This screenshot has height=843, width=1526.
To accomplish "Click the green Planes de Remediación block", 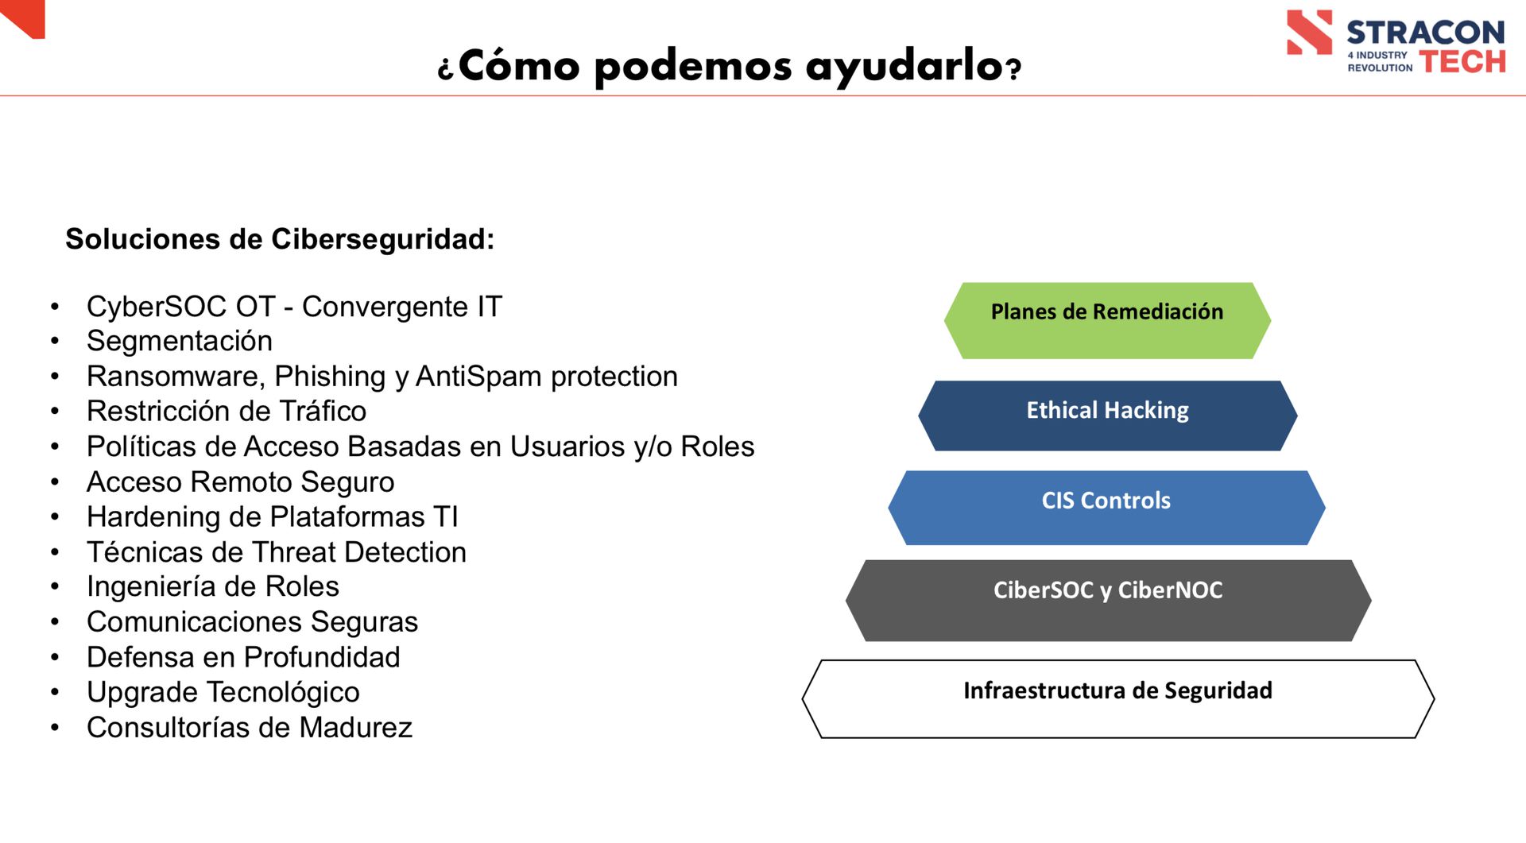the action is pyautogui.click(x=1107, y=320).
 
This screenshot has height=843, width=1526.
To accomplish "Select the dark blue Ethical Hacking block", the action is pyautogui.click(x=1107, y=416).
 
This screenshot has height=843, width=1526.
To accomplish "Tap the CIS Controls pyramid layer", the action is pyautogui.click(x=1106, y=508).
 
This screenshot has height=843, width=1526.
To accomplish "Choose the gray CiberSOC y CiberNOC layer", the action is pyautogui.click(x=1108, y=601).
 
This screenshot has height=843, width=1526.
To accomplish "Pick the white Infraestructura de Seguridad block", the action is pyautogui.click(x=1117, y=699).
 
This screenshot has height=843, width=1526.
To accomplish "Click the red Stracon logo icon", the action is pyautogui.click(x=1309, y=33).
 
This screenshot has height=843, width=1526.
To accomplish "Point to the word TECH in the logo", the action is pyautogui.click(x=1462, y=61).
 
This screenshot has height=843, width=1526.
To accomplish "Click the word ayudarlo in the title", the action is pyautogui.click(x=904, y=67).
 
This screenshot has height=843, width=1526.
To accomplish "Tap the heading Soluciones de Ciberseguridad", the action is pyautogui.click(x=280, y=239).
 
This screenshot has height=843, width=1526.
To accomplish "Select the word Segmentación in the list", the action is pyautogui.click(x=180, y=341).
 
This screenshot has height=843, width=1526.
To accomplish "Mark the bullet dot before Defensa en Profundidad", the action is pyautogui.click(x=55, y=658).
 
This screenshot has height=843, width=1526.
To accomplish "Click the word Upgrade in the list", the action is pyautogui.click(x=143, y=693).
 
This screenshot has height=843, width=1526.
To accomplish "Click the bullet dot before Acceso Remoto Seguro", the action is pyautogui.click(x=55, y=482).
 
